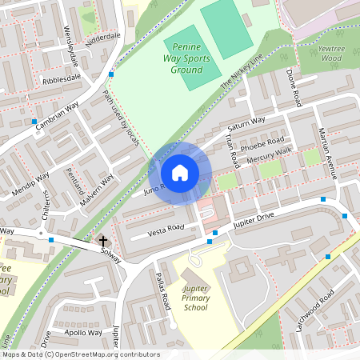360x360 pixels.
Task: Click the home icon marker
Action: [180, 173]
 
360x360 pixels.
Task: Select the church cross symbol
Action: [102, 240]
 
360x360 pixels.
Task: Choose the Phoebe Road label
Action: [265, 145]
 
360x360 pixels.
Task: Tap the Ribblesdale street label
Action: [62, 79]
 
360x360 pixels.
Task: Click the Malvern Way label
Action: [97, 191]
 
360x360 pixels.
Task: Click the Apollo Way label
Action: [82, 332]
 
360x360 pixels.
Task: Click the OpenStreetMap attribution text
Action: [80, 354]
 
